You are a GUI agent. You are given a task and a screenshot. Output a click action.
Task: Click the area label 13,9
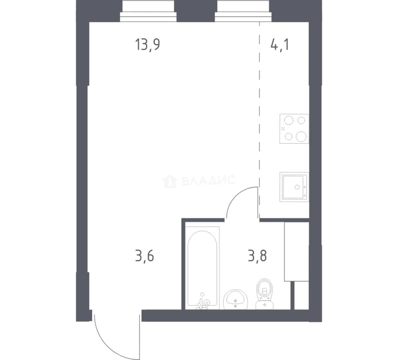point(147,45)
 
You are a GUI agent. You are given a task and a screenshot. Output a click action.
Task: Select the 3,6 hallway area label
point(145,256)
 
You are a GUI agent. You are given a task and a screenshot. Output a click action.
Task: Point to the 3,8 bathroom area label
point(257,256)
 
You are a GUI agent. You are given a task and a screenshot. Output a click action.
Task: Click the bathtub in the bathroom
point(202,268)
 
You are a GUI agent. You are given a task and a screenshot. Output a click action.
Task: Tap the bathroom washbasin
point(236,300)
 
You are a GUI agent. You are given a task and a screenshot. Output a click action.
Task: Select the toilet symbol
point(264,294)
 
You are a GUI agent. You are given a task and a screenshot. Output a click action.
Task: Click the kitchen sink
point(294,187)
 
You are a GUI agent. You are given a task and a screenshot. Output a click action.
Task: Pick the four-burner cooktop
point(294,129)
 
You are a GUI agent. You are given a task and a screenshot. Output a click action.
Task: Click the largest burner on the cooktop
point(301,136)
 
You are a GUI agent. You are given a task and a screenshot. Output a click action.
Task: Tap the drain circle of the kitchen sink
point(297,187)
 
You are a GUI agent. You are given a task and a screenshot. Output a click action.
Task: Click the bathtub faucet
point(203,302)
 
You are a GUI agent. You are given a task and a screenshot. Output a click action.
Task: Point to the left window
point(148,11)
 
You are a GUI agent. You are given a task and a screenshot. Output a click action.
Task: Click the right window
point(243,11)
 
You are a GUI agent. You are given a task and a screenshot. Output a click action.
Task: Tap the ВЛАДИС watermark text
point(209,180)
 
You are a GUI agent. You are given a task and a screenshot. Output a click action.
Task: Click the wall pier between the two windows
point(196,11)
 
